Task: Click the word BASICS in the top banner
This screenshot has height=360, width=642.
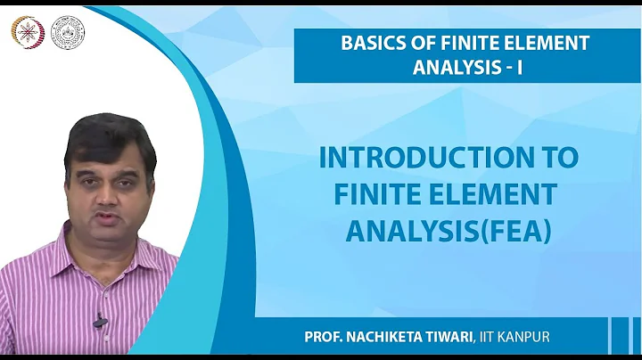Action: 369,43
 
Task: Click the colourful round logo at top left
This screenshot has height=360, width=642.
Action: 24,31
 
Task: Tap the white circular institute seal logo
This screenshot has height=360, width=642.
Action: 68,31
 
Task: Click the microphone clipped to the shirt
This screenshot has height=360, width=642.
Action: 100,320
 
